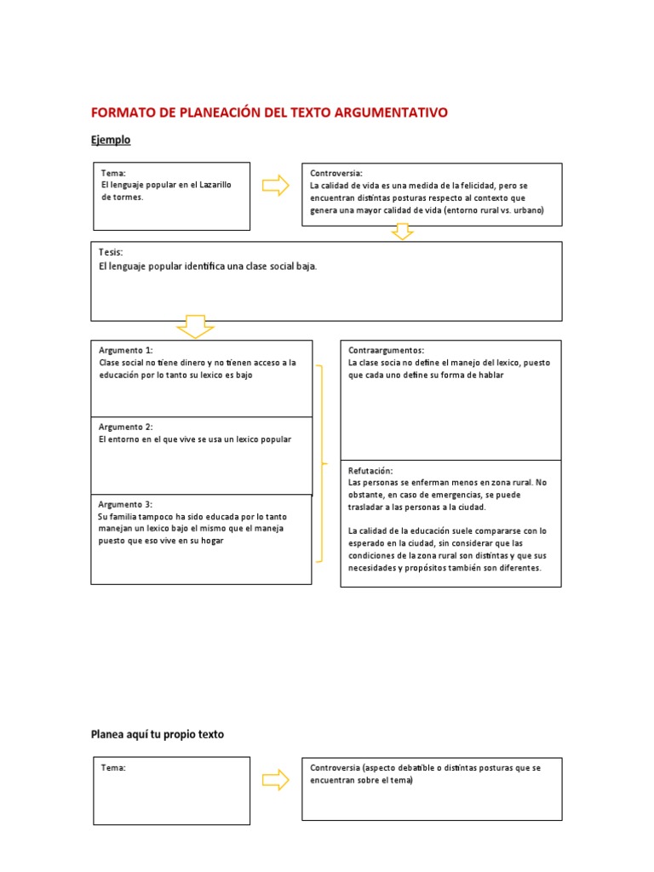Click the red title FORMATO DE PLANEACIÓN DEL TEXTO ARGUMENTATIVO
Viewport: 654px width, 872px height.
[269, 112]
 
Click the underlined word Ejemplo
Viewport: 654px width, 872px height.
[111, 140]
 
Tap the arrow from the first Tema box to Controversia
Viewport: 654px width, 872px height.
[276, 186]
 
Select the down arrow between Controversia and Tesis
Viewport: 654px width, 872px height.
[402, 232]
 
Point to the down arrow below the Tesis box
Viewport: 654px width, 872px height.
[194, 326]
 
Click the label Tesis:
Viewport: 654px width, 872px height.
[112, 253]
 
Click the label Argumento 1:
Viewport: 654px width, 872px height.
[125, 350]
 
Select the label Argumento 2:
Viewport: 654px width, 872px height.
[125, 427]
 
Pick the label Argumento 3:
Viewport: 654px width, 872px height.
[125, 504]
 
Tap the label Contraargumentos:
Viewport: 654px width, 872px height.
[386, 350]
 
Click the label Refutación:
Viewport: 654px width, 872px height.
[370, 470]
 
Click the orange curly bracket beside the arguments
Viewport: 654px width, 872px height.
[322, 464]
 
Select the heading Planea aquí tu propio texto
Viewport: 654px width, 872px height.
[158, 734]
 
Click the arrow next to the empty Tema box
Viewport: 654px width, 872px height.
[276, 779]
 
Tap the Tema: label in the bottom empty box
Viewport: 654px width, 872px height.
[113, 767]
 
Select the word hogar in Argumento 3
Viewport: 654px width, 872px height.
[211, 541]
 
